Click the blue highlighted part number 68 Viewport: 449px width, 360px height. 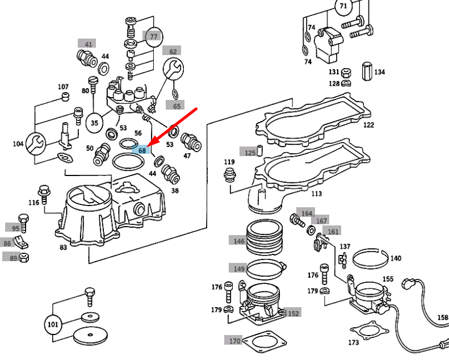click(141, 149)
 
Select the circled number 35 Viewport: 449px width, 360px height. click(94, 123)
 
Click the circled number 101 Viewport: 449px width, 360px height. click(53, 324)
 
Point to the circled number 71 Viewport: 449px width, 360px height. click(343, 6)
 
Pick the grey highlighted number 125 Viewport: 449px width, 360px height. click(250, 152)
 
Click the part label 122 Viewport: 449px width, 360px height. click(368, 125)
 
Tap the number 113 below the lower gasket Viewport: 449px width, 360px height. click(316, 194)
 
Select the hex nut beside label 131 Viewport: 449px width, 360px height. click(346, 73)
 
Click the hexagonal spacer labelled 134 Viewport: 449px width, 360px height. click(367, 72)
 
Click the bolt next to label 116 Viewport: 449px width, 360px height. click(44, 194)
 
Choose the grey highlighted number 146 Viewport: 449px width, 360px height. click(238, 241)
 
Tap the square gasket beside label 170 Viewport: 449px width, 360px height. click(265, 342)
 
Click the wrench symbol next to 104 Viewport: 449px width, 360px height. click(36, 143)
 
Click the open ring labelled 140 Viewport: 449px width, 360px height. click(370, 259)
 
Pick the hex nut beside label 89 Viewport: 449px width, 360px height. click(24, 258)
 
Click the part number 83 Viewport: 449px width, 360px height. click(63, 247)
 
